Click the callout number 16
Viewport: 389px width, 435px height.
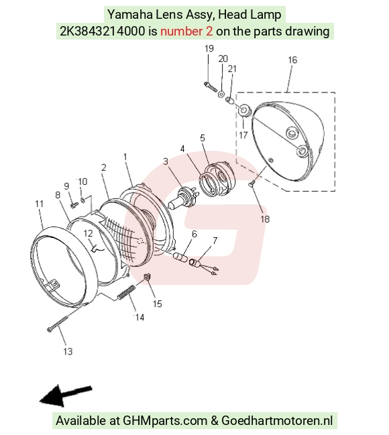[x=292, y=60]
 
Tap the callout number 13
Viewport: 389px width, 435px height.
[x=68, y=351]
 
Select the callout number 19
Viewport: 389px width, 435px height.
[x=209, y=48]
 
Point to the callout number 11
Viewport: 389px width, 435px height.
[x=40, y=204]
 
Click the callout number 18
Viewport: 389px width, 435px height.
[x=265, y=219]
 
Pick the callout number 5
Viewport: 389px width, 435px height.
[x=203, y=138]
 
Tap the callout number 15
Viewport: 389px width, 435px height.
[x=157, y=304]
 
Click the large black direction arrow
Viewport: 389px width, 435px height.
[x=66, y=396]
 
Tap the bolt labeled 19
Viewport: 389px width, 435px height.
[x=211, y=86]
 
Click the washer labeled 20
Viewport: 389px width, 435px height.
[x=221, y=93]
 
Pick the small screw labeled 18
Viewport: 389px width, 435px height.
[x=252, y=184]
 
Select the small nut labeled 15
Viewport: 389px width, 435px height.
[x=147, y=277]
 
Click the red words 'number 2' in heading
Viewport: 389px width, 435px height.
[x=186, y=31]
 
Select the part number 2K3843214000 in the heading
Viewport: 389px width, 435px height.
[x=103, y=31]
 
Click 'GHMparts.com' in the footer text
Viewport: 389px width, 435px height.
[x=165, y=420]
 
